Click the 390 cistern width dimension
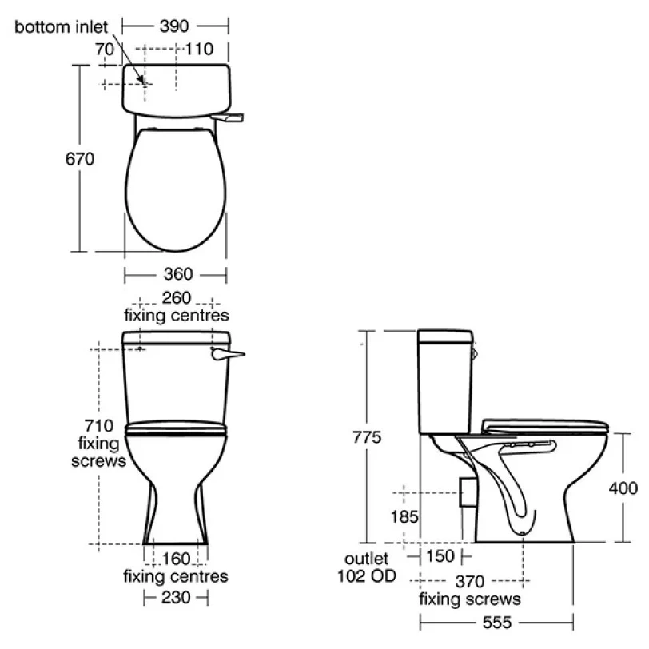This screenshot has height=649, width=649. pyautogui.click(x=174, y=26)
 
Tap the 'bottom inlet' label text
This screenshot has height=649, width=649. pyautogui.click(x=61, y=27)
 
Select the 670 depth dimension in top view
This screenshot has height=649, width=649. pyautogui.click(x=80, y=159)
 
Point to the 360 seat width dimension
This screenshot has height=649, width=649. pyautogui.click(x=178, y=274)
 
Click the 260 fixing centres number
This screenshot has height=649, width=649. pyautogui.click(x=177, y=297)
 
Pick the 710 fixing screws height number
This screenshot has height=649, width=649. pyautogui.click(x=99, y=425)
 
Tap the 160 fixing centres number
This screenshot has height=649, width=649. pyautogui.click(x=177, y=559)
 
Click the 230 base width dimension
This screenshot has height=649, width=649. pyautogui.click(x=177, y=598)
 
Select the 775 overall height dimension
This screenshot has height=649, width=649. pyautogui.click(x=367, y=437)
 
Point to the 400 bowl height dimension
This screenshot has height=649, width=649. pyautogui.click(x=623, y=488)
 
